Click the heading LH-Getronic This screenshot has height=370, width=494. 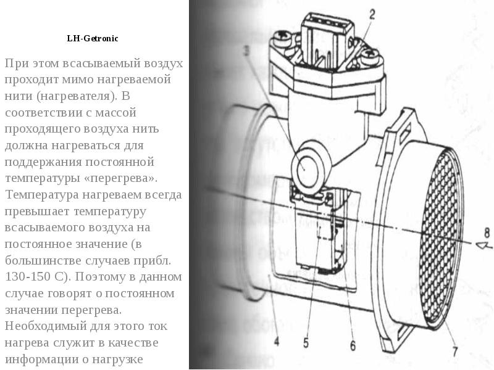pyautogui.click(x=93, y=38)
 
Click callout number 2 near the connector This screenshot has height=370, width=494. pyautogui.click(x=372, y=14)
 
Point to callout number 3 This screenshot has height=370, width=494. pyautogui.click(x=246, y=51)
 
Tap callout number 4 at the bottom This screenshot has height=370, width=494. pyautogui.click(x=276, y=341)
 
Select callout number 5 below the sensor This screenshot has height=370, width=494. pyautogui.click(x=306, y=343)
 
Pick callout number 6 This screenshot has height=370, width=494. pyautogui.click(x=353, y=345)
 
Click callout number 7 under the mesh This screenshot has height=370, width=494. pyautogui.click(x=455, y=351)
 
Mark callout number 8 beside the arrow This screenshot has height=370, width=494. pyautogui.click(x=487, y=233)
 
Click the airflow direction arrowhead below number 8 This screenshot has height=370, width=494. pyautogui.click(x=484, y=245)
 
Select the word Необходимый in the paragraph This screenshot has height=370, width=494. pyautogui.click(x=46, y=326)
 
